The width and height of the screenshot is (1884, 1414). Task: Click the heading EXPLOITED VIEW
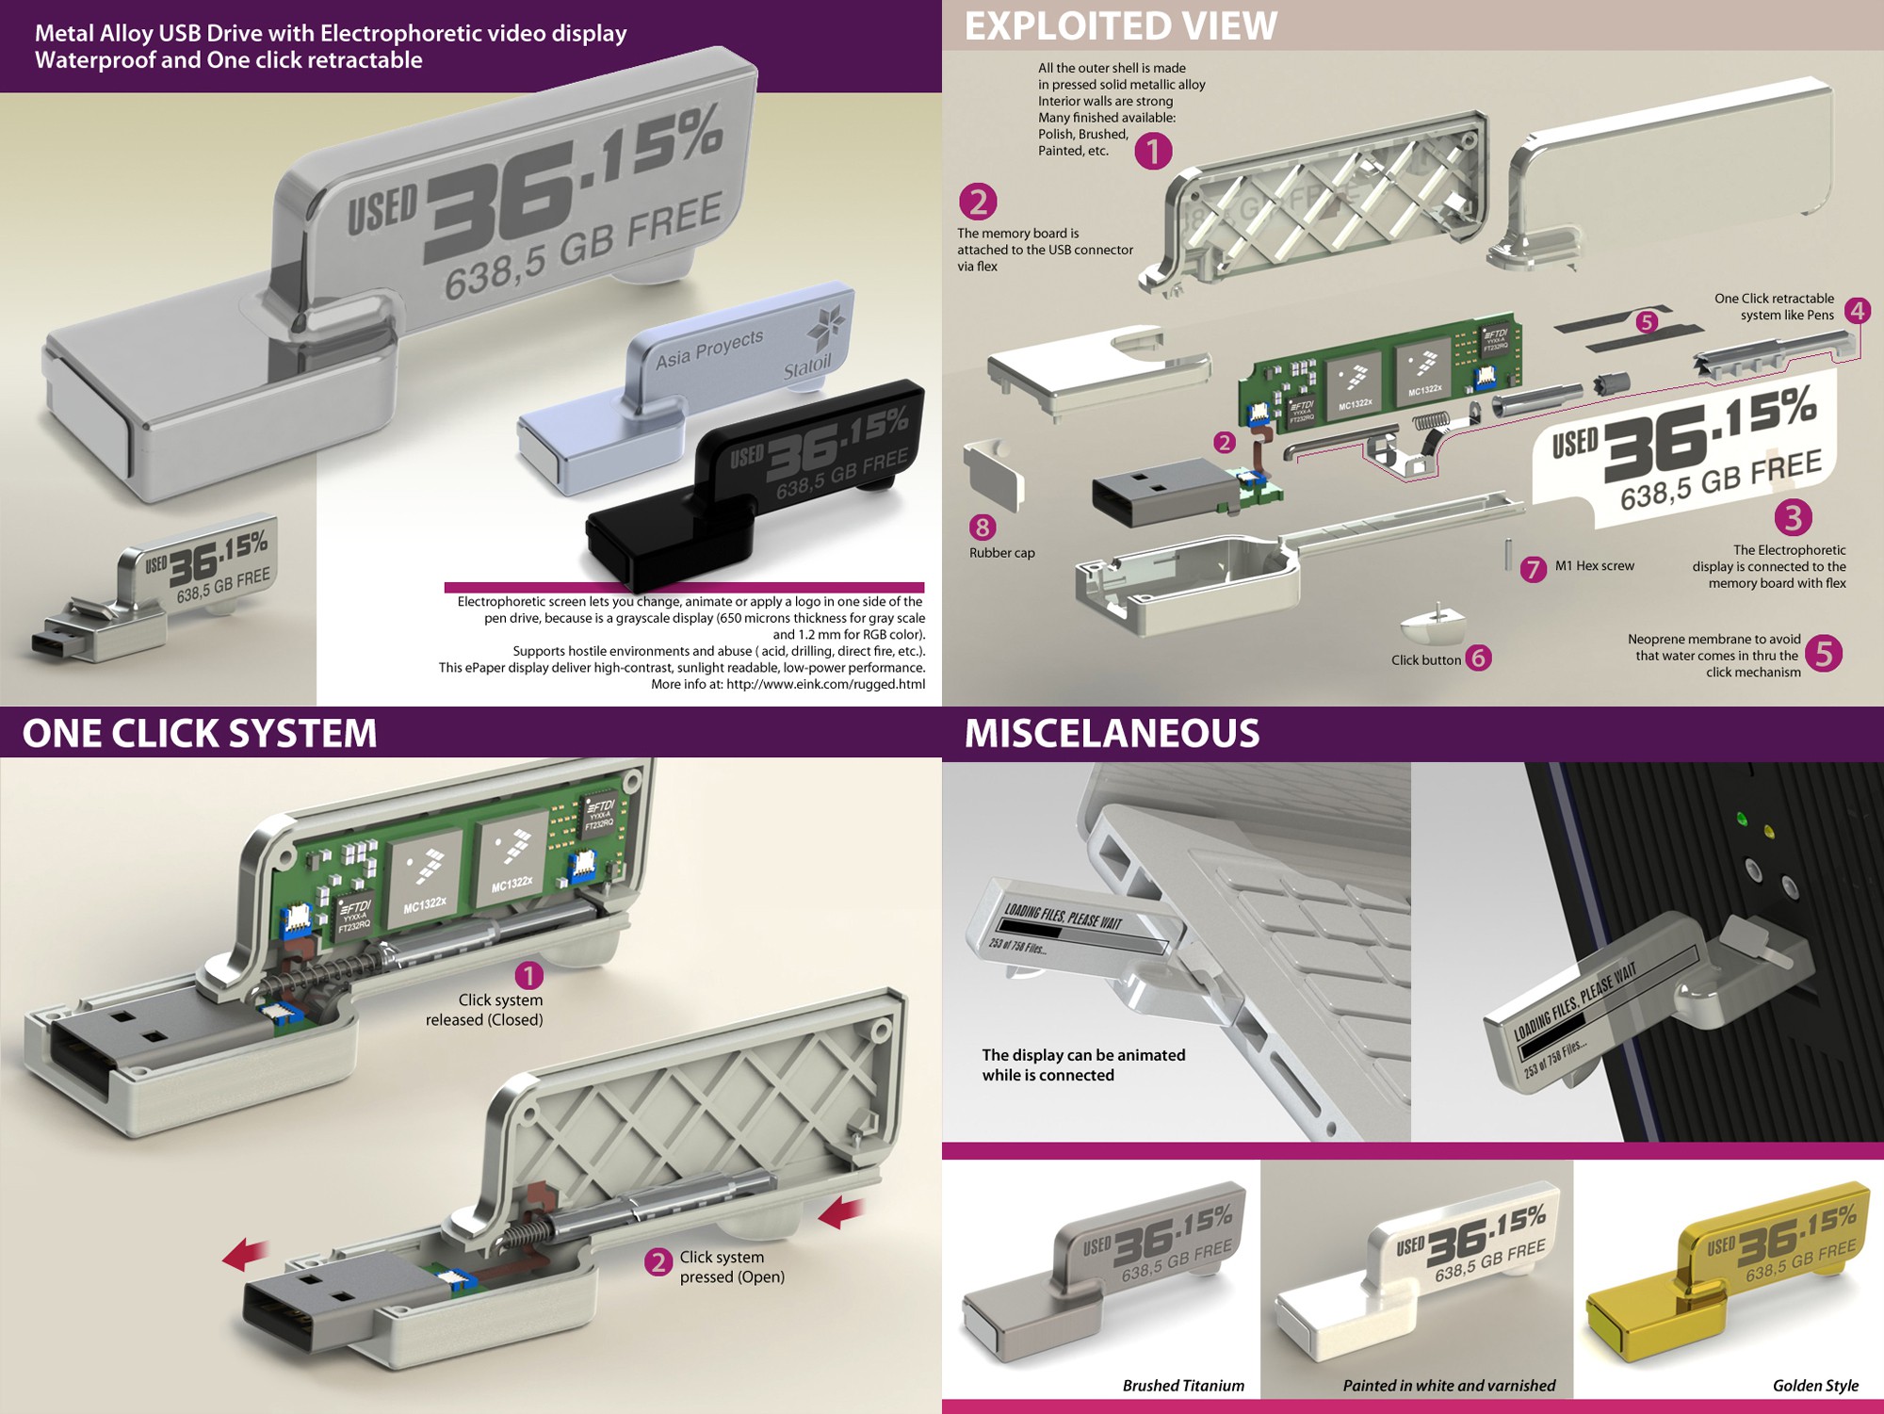1120,25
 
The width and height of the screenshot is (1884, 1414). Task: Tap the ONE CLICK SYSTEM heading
199,733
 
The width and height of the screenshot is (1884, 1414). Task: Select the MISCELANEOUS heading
1112,733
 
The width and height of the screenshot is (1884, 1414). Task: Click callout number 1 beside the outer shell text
1153,151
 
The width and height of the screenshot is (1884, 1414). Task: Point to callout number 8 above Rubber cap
983,528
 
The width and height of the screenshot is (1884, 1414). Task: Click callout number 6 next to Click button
1479,658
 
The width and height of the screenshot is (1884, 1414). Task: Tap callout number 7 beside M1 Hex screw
1534,569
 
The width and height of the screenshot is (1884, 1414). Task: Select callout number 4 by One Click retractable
1858,310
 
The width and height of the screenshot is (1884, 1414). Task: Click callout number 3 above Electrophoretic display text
1794,516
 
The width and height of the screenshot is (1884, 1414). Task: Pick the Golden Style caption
1815,1385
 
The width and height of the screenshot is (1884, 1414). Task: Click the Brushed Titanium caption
1183,1385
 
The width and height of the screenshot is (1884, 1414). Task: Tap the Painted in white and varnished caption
1449,1385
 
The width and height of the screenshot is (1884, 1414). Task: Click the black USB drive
754,490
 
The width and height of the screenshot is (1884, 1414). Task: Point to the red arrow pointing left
245,1256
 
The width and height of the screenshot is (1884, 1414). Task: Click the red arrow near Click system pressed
843,1212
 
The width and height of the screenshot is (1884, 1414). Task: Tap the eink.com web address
825,684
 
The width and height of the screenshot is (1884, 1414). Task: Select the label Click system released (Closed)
484,1010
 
